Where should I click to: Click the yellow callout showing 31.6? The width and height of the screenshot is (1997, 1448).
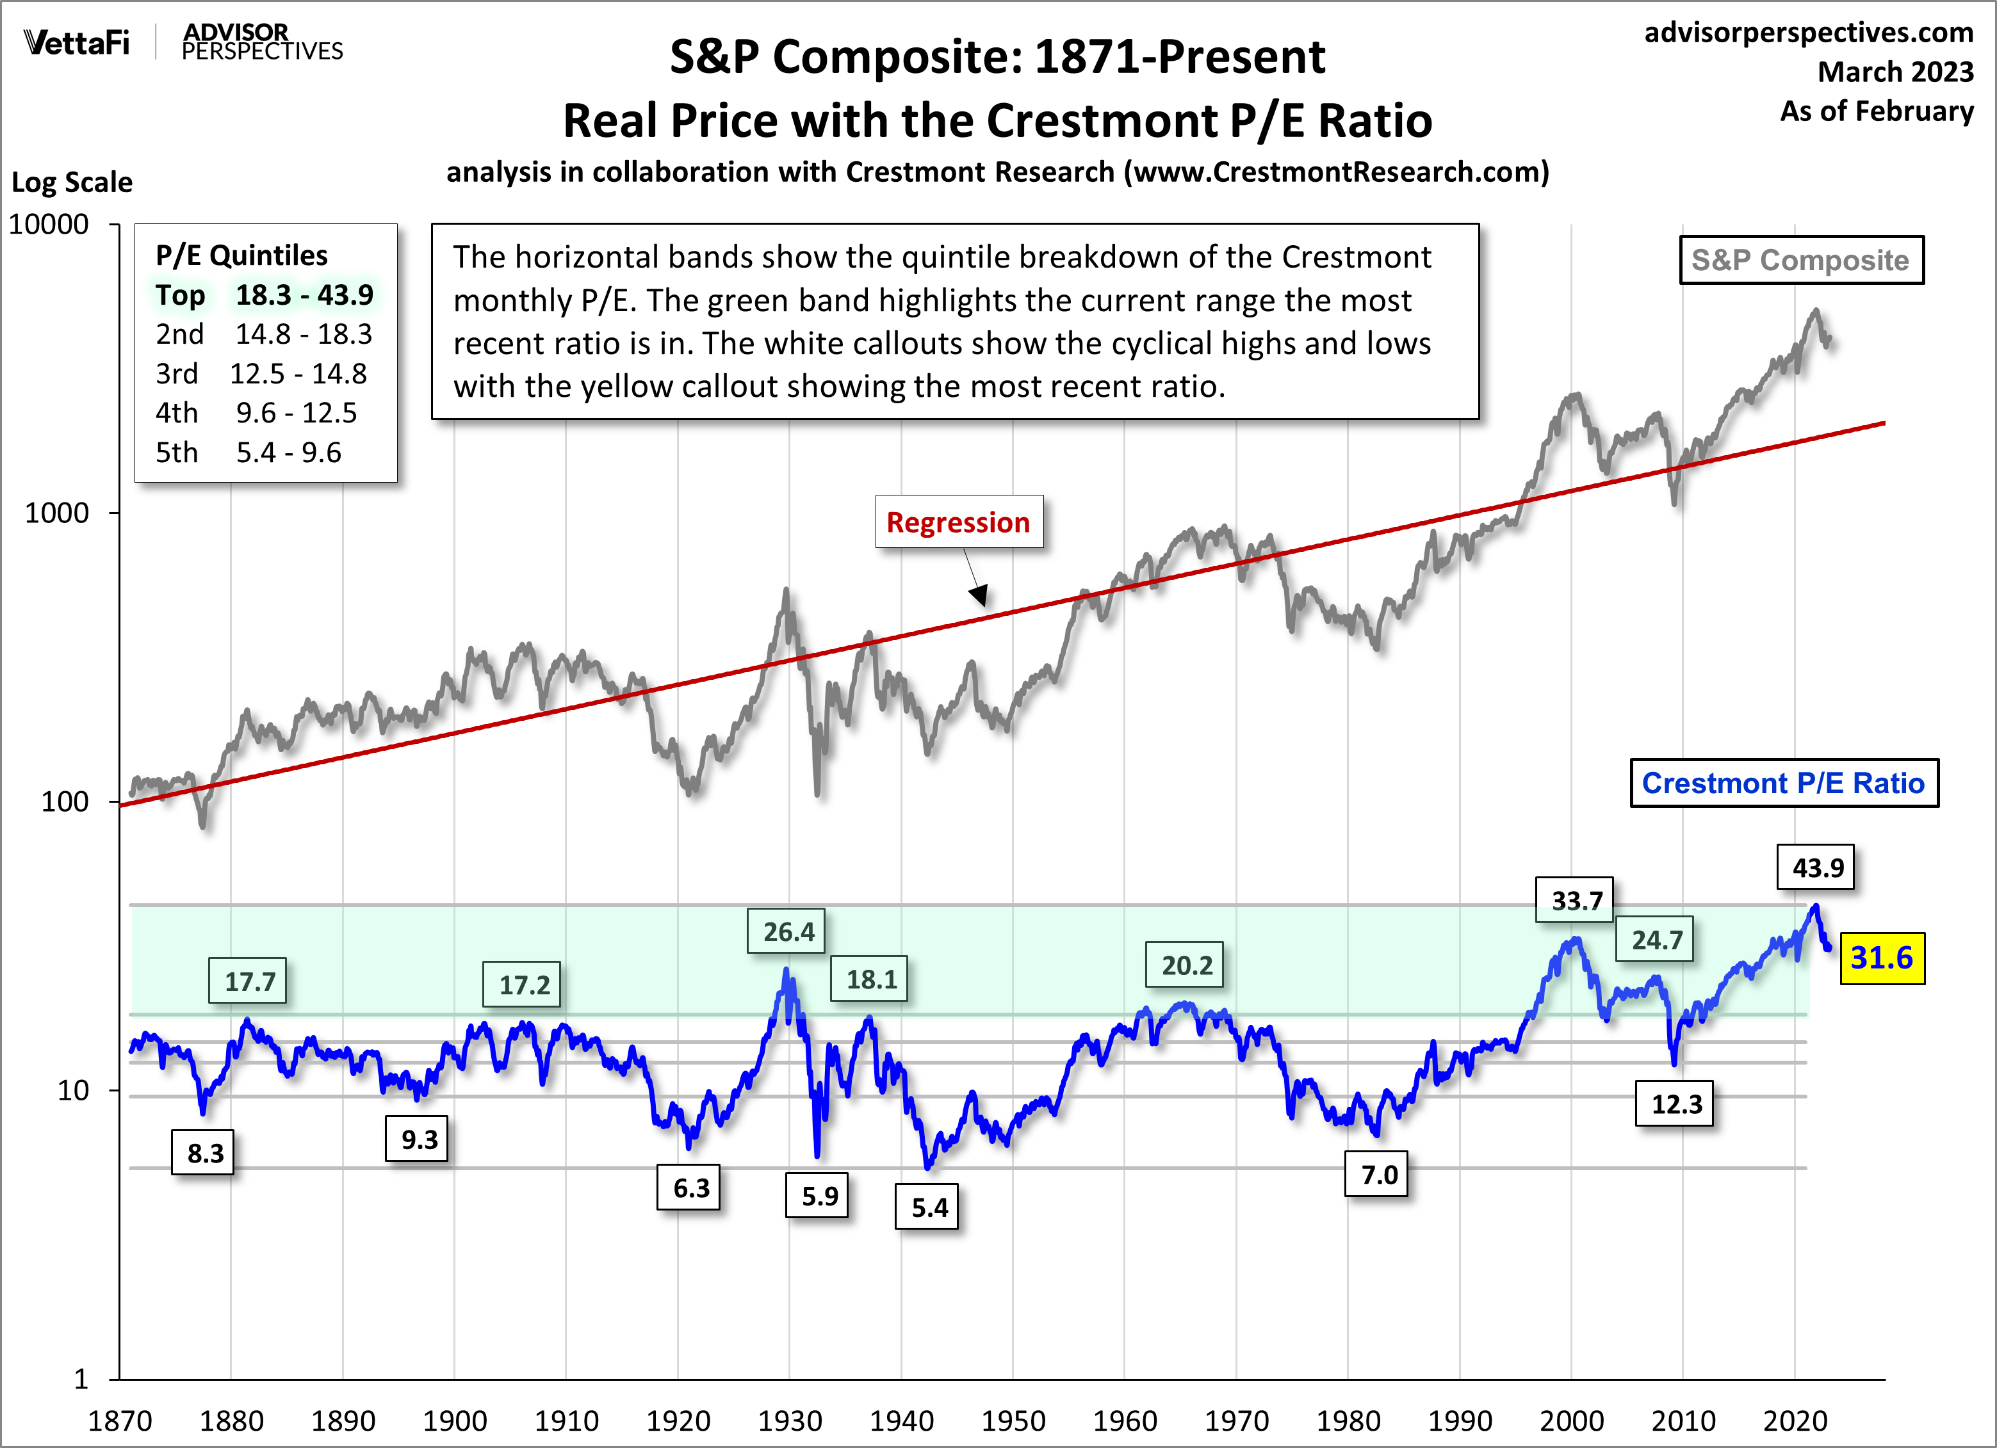1882,958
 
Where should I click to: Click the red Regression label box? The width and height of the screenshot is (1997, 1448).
958,522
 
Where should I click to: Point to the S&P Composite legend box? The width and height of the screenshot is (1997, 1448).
1800,260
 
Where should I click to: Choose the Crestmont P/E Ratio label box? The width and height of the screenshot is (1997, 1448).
1783,782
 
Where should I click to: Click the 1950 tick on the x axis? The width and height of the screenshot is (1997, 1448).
1013,1420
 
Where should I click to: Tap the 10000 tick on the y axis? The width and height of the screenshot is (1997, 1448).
49,225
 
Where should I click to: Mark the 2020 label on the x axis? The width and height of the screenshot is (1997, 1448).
1795,1420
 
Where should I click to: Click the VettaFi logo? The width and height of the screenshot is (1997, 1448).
77,42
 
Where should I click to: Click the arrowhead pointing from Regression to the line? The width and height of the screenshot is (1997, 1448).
979,596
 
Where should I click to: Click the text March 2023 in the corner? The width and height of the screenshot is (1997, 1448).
1895,71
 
